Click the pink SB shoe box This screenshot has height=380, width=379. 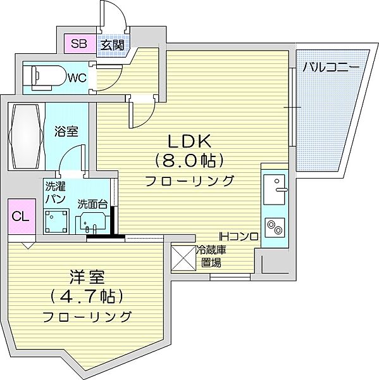(x=80, y=44)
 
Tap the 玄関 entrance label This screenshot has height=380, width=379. (x=113, y=45)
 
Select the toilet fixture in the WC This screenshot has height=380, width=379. (x=48, y=78)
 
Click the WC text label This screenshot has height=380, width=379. (x=77, y=78)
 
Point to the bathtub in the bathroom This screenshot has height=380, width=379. (x=26, y=136)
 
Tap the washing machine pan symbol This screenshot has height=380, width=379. (x=56, y=221)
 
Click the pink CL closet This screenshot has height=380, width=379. (x=22, y=217)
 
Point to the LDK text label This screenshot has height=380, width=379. (x=190, y=141)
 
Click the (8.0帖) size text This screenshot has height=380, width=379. (x=189, y=161)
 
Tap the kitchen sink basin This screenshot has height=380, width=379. (x=275, y=189)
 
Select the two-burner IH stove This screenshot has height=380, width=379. (x=275, y=227)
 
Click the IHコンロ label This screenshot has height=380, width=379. (x=239, y=236)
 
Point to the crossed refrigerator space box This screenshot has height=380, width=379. (x=183, y=258)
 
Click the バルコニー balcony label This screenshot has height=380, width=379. (x=331, y=67)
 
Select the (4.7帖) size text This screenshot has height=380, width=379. (x=87, y=296)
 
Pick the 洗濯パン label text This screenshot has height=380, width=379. (x=56, y=193)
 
